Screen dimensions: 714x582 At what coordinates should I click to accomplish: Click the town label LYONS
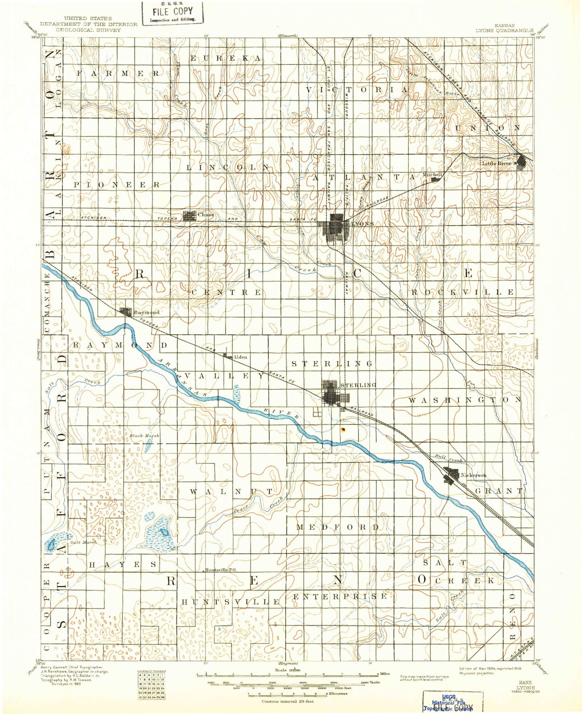(x=362, y=224)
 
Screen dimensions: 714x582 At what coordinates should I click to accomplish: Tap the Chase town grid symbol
(x=189, y=215)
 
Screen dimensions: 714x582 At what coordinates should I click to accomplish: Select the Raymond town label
(x=147, y=312)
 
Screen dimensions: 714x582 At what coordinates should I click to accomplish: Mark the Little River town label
(x=496, y=163)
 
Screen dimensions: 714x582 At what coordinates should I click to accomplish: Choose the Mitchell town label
(x=432, y=174)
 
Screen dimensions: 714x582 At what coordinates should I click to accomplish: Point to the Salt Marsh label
(x=83, y=542)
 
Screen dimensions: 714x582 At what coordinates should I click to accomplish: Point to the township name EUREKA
(x=226, y=58)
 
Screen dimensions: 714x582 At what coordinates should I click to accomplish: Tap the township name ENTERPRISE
(x=340, y=596)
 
